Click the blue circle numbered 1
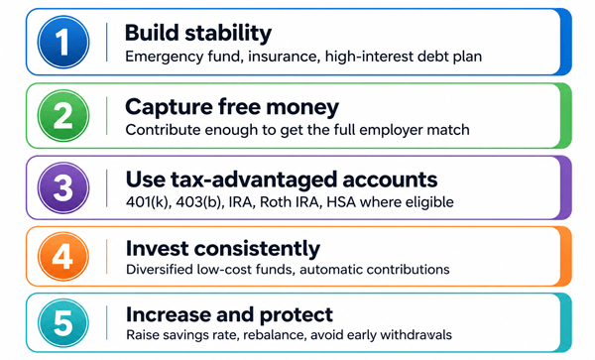(63, 42)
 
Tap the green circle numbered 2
(63, 115)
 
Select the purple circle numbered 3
(63, 187)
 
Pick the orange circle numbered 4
(63, 257)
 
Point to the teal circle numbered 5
(63, 323)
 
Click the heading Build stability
(198, 33)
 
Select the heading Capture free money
(232, 107)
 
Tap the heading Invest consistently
(223, 249)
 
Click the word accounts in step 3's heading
(390, 180)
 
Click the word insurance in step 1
(284, 57)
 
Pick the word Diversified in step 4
(160, 270)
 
